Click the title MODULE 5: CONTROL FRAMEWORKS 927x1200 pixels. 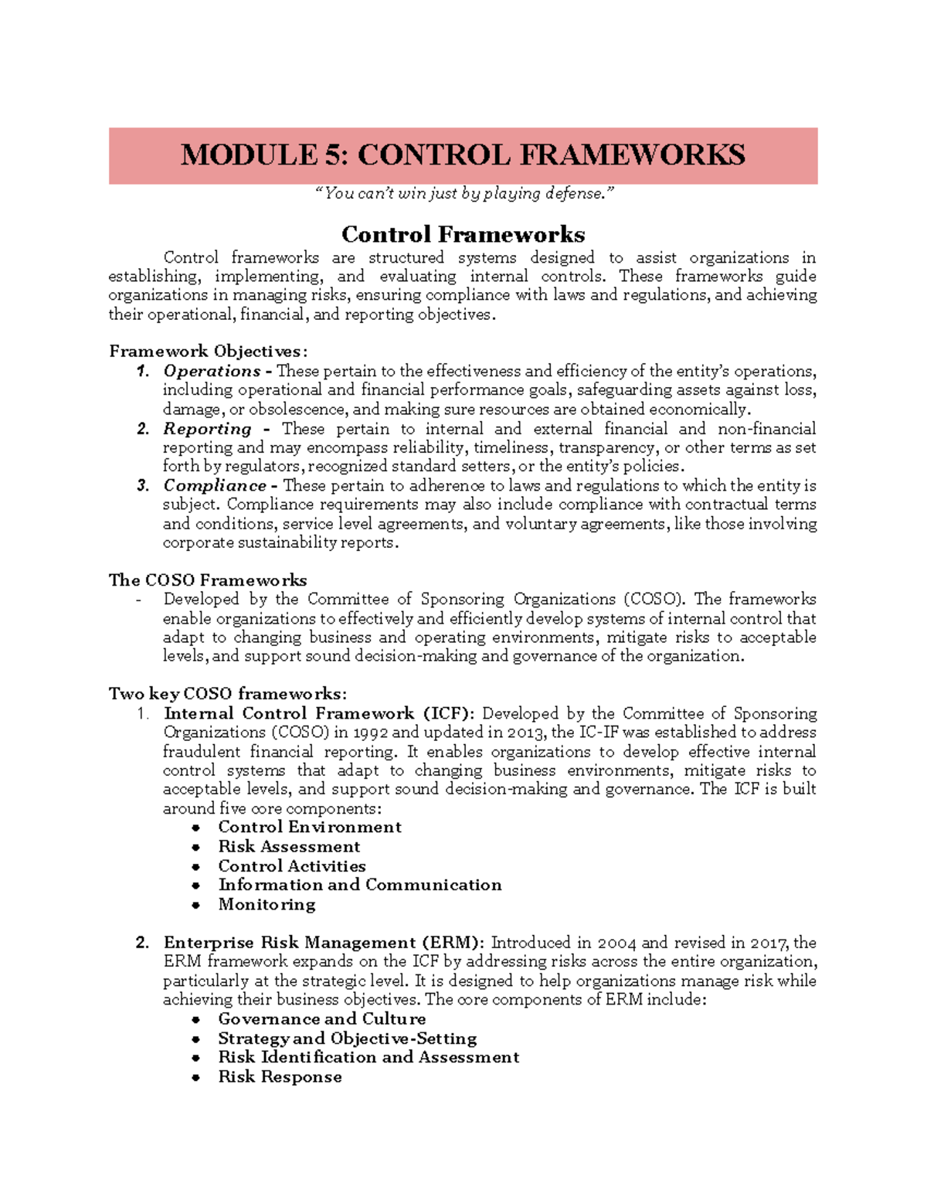(463, 155)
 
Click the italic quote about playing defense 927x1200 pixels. (463, 193)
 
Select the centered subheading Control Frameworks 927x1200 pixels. (463, 234)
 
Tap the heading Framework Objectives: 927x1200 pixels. (208, 352)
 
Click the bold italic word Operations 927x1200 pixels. (212, 371)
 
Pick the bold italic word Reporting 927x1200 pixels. (207, 429)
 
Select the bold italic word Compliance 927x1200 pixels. (214, 486)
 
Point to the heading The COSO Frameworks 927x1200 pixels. (208, 580)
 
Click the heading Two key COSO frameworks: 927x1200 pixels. (228, 694)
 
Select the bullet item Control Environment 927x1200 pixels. (309, 828)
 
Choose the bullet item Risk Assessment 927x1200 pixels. (289, 847)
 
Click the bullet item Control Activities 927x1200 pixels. (291, 866)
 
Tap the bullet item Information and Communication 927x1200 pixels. (359, 885)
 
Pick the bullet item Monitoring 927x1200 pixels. (267, 904)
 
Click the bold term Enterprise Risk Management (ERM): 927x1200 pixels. (324, 943)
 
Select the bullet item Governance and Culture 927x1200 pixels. (321, 1019)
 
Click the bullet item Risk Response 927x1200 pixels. (280, 1077)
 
